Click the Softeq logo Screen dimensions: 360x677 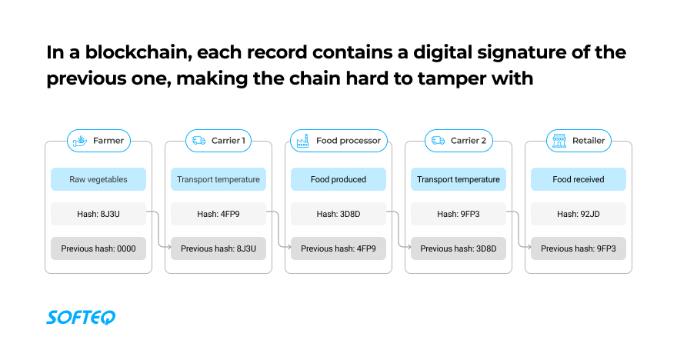tap(80, 317)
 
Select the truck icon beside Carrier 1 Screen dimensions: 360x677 tap(199, 141)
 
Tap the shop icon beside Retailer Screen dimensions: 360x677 tap(558, 141)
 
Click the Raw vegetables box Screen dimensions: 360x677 tap(98, 179)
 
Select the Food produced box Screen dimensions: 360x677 tap(338, 179)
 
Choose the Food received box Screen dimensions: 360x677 tap(579, 179)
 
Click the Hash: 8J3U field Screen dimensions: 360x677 tap(98, 214)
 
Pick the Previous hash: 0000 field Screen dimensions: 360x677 tap(98, 248)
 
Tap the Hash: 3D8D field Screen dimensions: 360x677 tap(338, 214)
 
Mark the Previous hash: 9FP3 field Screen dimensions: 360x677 tap(579, 248)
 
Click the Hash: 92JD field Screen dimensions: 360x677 tap(579, 214)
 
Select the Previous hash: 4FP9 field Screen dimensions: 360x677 tap(338, 248)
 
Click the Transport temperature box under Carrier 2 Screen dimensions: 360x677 tap(459, 179)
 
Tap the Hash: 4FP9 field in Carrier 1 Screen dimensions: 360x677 tap(218, 214)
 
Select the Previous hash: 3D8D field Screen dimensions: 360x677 tap(459, 248)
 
